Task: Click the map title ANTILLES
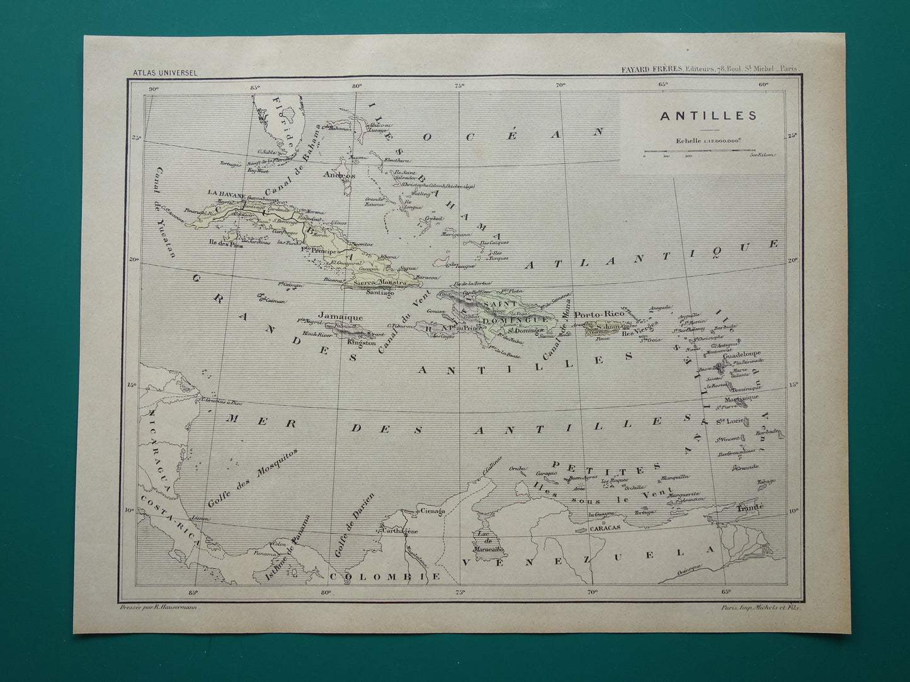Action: pyautogui.click(x=700, y=115)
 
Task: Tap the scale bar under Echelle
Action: pyautogui.click(x=699, y=152)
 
